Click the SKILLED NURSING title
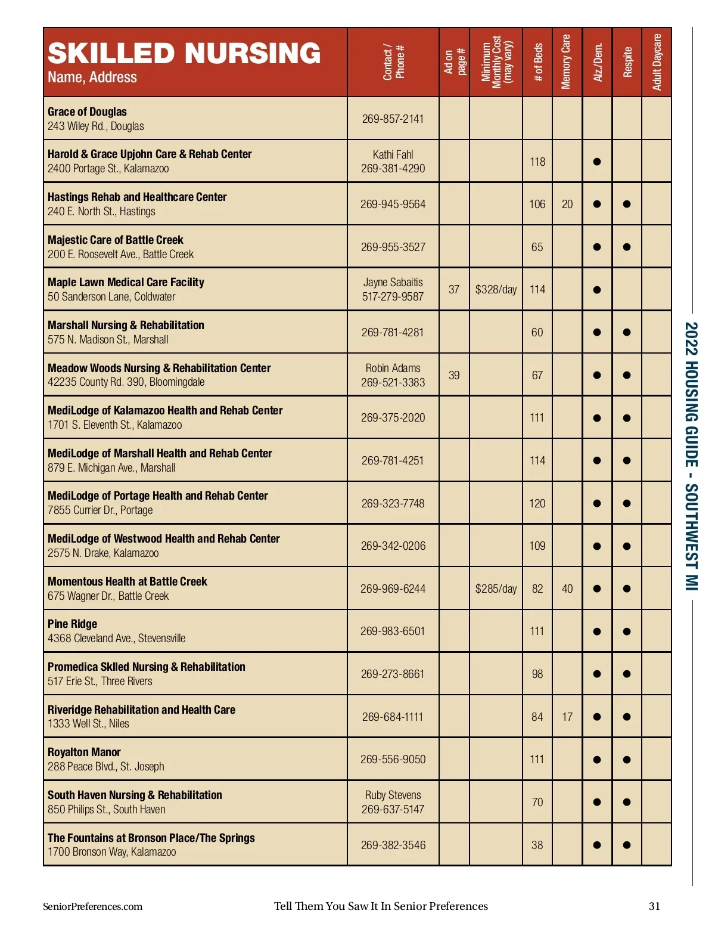[x=184, y=53]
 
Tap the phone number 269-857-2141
[x=393, y=119]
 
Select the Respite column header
[x=627, y=62]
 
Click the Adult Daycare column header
[x=657, y=62]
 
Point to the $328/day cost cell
[x=496, y=290]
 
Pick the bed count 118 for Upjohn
[x=537, y=162]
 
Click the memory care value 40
[x=567, y=589]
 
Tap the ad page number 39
[x=454, y=375]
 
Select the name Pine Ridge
[x=73, y=624]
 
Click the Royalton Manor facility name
[x=84, y=752]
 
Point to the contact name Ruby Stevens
[x=393, y=795]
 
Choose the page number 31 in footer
[x=654, y=906]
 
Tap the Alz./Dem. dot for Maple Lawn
[x=597, y=290]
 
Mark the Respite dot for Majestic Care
[x=627, y=247]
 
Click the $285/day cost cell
[x=496, y=589]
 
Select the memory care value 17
[x=567, y=717]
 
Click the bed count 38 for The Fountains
[x=537, y=845]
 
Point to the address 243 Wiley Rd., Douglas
[x=96, y=126]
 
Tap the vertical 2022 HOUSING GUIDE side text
[x=691, y=456]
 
